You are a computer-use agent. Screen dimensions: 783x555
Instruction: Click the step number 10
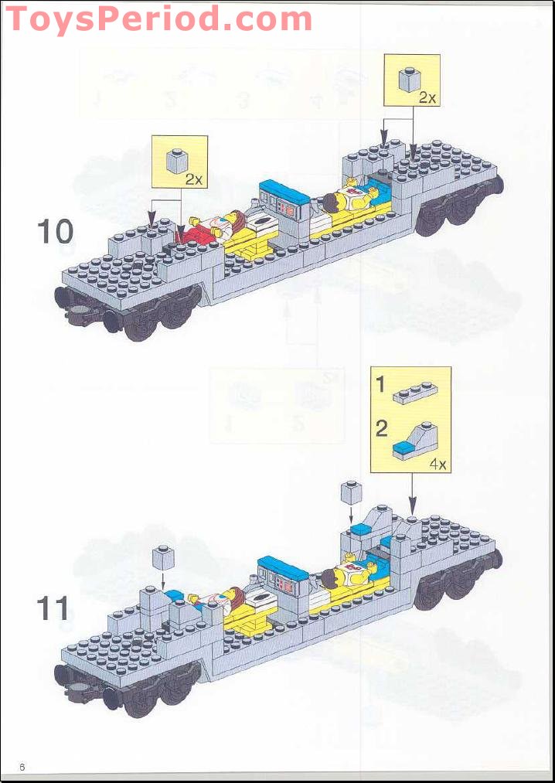(x=55, y=231)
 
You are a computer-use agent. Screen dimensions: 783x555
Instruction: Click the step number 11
(x=53, y=608)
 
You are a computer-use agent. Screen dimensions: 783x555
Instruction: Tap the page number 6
(x=22, y=766)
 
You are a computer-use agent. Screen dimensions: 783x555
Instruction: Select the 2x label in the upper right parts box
(x=427, y=98)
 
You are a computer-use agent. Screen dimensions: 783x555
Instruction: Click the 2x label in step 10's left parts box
(x=193, y=179)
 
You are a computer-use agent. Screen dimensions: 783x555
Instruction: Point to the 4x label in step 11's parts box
(x=438, y=465)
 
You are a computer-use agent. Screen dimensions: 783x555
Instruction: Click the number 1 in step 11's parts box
(x=380, y=384)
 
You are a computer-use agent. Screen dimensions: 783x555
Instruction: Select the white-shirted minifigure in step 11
(x=348, y=577)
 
